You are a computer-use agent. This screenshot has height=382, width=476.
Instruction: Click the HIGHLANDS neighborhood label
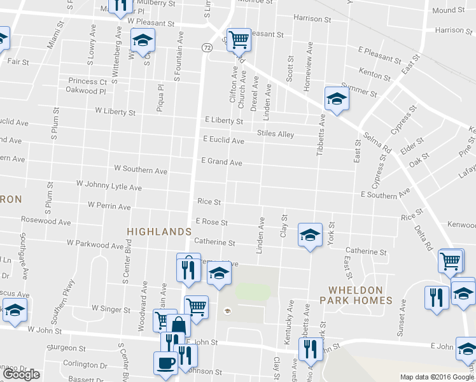pyautogui.click(x=159, y=232)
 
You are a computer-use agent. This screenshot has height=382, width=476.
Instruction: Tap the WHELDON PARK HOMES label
pyautogui.click(x=355, y=295)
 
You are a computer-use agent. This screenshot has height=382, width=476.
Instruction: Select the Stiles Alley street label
pyautogui.click(x=276, y=134)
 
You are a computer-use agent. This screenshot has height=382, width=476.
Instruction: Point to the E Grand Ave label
pyautogui.click(x=222, y=162)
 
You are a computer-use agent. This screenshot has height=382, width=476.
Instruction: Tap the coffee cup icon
pyautogui.click(x=166, y=362)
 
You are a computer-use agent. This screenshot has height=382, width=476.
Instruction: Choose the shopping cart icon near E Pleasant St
pyautogui.click(x=239, y=40)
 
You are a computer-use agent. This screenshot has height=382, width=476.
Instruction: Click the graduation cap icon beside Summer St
pyautogui.click(x=336, y=98)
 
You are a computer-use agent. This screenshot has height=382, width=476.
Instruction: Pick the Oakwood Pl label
pyautogui.click(x=86, y=90)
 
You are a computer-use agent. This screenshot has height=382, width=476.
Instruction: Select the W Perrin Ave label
pyautogui.click(x=109, y=206)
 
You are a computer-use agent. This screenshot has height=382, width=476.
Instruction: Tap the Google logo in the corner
pyautogui.click(x=21, y=374)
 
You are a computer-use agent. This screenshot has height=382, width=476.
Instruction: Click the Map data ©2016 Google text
pyautogui.click(x=437, y=377)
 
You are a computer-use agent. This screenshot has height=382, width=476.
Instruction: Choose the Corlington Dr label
pyautogui.click(x=85, y=364)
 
